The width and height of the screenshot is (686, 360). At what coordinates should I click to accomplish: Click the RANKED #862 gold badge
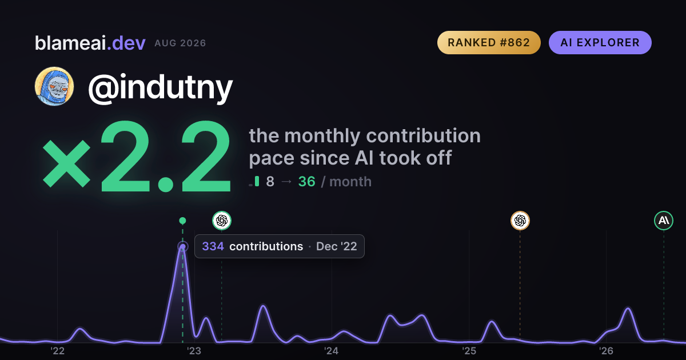[x=489, y=42]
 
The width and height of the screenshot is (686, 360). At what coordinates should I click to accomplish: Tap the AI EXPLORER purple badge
[x=600, y=42]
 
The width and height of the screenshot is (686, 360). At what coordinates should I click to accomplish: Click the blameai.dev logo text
[x=90, y=43]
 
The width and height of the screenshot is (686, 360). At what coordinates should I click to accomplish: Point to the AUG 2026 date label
[x=180, y=43]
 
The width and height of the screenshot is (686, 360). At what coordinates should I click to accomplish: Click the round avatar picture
[x=54, y=86]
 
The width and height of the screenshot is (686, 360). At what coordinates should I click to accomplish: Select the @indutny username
[x=161, y=88]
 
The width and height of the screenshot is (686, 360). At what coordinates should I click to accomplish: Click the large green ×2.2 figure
[x=137, y=156]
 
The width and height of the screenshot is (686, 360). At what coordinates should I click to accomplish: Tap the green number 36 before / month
[x=307, y=182]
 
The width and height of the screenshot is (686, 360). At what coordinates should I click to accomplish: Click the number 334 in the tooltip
[x=213, y=246]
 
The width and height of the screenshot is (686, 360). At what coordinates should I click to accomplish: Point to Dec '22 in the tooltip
[x=337, y=246]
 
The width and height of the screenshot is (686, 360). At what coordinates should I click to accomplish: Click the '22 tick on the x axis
[x=57, y=351]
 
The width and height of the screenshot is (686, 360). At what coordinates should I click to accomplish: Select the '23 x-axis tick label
[x=194, y=351]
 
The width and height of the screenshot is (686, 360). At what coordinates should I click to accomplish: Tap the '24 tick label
[x=332, y=351]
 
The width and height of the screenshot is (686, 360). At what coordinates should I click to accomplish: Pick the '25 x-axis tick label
[x=469, y=351]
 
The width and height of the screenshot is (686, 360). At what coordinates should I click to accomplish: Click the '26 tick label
[x=606, y=351]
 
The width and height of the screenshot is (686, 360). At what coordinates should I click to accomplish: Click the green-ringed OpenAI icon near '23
[x=222, y=221]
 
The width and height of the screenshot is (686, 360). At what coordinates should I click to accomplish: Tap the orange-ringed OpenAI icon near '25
[x=520, y=221]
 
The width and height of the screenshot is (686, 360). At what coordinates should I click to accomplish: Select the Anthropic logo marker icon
[x=664, y=221]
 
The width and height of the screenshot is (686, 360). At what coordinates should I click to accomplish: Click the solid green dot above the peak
[x=182, y=221]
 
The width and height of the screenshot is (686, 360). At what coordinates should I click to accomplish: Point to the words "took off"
[x=415, y=158]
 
